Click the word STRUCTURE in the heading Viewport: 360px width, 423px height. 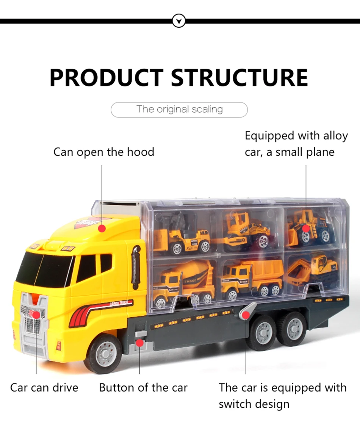(239, 78)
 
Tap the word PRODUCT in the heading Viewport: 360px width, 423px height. (107, 78)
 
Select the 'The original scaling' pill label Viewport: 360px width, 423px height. (179, 110)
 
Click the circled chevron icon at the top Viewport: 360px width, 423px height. (179, 21)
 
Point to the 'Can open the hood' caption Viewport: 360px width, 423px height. (103, 152)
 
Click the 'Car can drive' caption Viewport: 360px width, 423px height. (44, 388)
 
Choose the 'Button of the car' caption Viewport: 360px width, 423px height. (143, 388)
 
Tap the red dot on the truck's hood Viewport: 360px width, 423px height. (102, 228)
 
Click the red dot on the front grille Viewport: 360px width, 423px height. (36, 314)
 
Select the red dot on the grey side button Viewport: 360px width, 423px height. (139, 343)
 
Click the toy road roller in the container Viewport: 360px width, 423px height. (246, 232)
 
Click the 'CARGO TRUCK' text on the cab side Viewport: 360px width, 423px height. (121, 303)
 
